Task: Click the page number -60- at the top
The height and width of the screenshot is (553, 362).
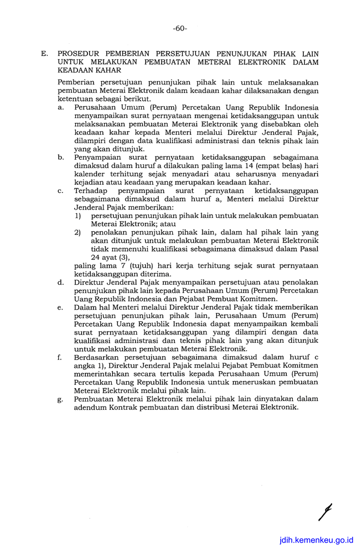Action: click(x=180, y=28)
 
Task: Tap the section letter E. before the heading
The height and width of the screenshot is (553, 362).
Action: click(x=45, y=54)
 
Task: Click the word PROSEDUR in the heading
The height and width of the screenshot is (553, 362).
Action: click(x=81, y=54)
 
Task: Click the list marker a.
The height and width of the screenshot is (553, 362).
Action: click(x=60, y=107)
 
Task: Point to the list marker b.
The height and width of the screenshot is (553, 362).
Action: click(x=60, y=158)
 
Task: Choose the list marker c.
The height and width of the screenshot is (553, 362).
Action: click(x=60, y=190)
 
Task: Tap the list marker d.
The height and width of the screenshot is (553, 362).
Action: click(x=60, y=282)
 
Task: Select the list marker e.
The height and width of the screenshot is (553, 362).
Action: click(x=60, y=307)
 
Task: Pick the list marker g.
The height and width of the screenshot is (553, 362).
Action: click(x=60, y=399)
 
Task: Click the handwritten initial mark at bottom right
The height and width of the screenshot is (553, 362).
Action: click(x=325, y=512)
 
